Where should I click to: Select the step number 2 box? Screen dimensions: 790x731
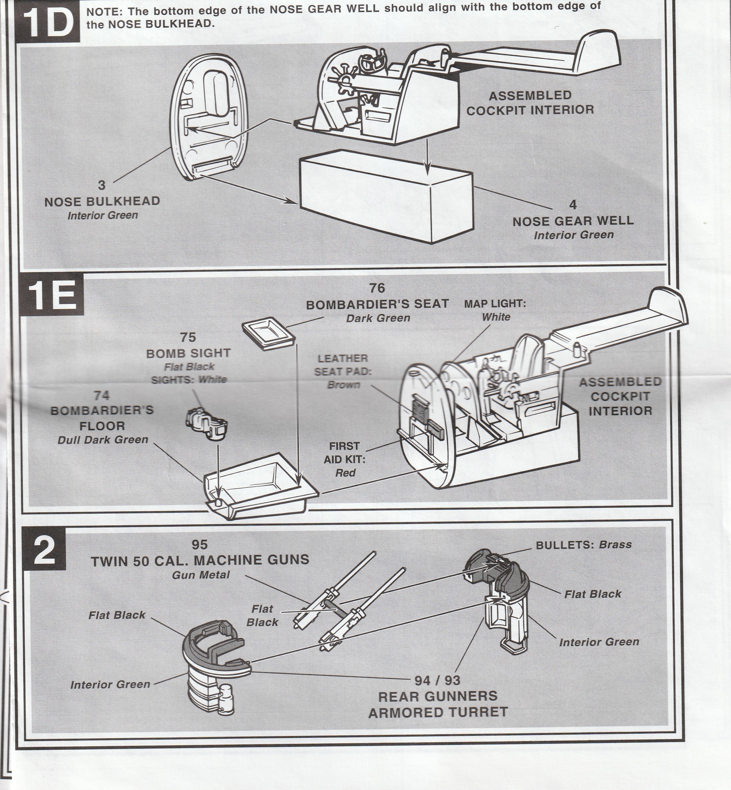pos(44,551)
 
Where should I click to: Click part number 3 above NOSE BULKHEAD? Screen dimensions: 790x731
pos(102,185)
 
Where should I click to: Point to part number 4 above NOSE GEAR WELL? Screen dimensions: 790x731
pos(572,205)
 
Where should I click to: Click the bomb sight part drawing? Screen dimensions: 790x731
pos(207,424)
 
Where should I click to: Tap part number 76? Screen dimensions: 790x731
pos(377,288)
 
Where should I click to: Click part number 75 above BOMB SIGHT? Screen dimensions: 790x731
pos(188,337)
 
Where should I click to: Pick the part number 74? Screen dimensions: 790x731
pos(101,395)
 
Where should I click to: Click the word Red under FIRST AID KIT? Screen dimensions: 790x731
pos(345,473)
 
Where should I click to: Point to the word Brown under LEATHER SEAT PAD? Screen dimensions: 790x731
pos(343,385)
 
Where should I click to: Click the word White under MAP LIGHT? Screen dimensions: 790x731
pos(496,317)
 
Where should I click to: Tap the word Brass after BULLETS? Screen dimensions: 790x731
pos(615,545)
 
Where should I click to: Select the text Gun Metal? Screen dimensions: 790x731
pos(201,575)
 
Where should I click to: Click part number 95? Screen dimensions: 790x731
pos(199,545)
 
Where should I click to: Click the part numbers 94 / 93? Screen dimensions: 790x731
pos(438,681)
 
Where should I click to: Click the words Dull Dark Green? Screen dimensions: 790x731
pos(103,440)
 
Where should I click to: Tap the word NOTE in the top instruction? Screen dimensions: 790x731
pos(102,12)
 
